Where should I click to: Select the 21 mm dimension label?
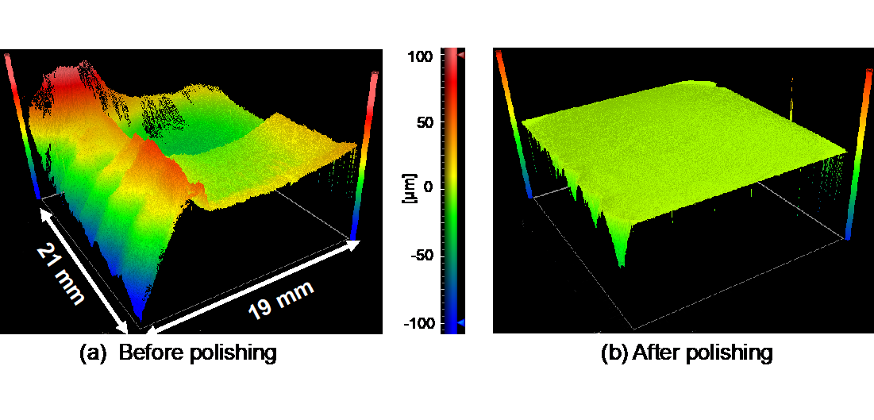click(x=60, y=273)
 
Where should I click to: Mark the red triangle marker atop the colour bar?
click(x=460, y=56)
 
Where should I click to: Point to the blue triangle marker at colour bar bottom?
click(x=460, y=323)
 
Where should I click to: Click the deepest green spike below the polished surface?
click(x=621, y=262)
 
